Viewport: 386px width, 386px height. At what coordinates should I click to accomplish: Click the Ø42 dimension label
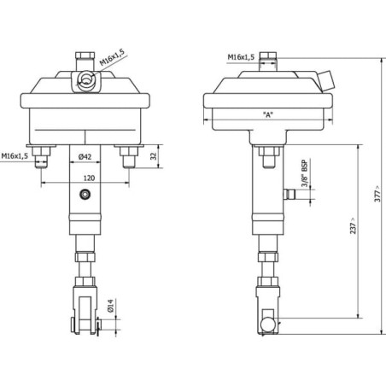click(x=85, y=156)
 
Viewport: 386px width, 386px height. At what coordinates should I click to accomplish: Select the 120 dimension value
click(x=89, y=178)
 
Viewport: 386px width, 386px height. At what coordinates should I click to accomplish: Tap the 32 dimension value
click(x=154, y=156)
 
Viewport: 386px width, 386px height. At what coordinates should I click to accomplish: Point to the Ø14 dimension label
click(x=111, y=306)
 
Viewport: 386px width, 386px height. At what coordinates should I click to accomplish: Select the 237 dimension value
click(x=353, y=226)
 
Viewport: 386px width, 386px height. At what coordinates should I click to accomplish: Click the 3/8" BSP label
click(x=304, y=173)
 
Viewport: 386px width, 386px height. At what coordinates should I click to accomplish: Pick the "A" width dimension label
click(x=267, y=114)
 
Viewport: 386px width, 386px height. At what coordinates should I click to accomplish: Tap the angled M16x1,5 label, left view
click(x=112, y=57)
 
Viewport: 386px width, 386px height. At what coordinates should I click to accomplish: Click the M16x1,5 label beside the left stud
click(x=15, y=156)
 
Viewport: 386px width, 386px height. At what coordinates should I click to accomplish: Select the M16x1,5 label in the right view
click(x=241, y=57)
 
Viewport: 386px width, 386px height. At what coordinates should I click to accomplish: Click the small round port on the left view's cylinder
click(x=85, y=195)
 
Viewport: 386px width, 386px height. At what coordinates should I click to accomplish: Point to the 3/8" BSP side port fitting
click(x=289, y=194)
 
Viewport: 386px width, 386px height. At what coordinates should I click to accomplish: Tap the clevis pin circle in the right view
click(x=268, y=325)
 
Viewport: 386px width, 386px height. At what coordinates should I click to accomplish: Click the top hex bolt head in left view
click(x=85, y=55)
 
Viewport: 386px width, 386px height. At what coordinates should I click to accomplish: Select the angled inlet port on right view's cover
click(x=326, y=80)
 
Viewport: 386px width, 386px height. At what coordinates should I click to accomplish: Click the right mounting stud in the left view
click(x=129, y=157)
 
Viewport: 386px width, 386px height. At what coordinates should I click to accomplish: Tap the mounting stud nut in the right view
click(x=269, y=151)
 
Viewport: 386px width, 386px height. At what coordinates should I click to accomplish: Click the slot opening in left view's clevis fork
click(x=85, y=315)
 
